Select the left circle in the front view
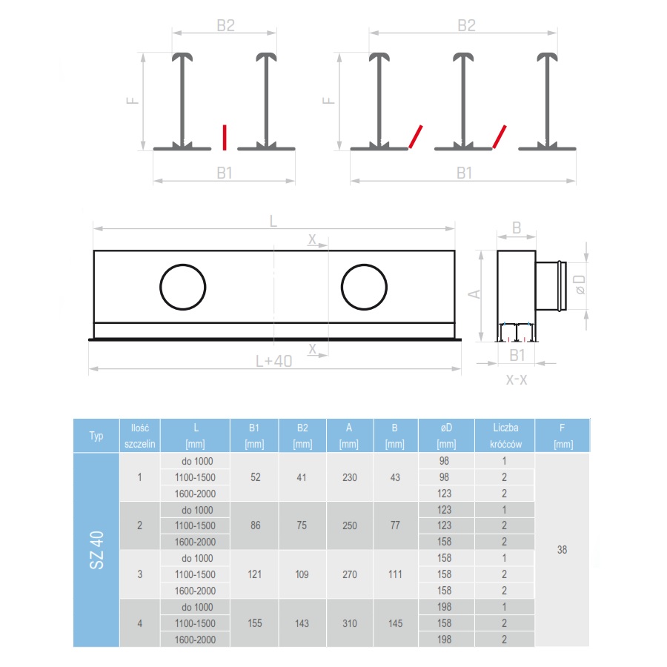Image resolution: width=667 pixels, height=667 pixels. click(182, 287)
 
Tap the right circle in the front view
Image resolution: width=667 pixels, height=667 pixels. click(364, 287)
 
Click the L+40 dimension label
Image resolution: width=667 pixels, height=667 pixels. click(273, 361)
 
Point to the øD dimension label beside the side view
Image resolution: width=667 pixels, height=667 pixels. click(580, 285)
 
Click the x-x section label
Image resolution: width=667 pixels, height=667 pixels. click(517, 379)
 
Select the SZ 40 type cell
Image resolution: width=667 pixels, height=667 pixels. click(96, 550)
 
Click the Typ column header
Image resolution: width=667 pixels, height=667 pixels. click(96, 435)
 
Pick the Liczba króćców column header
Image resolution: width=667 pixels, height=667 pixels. click(505, 435)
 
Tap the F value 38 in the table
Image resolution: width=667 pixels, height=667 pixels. click(562, 550)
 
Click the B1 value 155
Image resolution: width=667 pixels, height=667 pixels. click(256, 623)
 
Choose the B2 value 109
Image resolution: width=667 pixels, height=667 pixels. click(302, 574)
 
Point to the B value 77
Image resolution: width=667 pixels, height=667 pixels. click(395, 525)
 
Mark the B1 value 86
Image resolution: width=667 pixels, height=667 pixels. click(256, 525)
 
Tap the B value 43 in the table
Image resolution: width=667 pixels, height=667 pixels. click(395, 477)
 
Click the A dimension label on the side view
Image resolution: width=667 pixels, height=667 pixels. click(477, 293)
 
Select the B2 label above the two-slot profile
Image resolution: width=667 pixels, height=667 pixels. click(465, 25)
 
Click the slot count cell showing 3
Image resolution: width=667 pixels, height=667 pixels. click(140, 574)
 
